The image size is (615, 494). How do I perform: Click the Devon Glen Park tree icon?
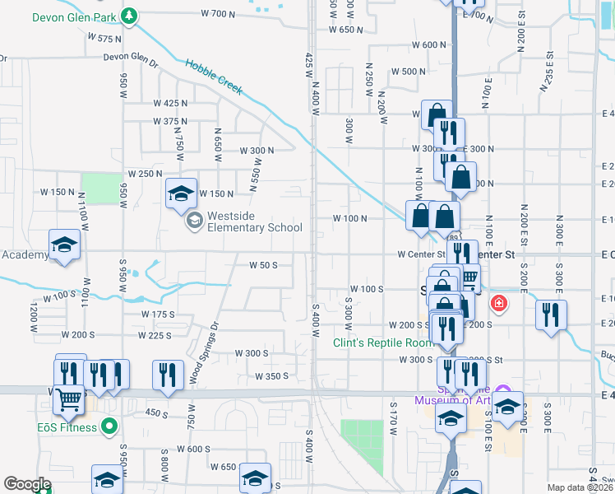[x=128, y=16]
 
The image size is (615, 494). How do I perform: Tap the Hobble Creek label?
[x=214, y=77]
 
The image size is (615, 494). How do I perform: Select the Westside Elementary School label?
[x=255, y=221]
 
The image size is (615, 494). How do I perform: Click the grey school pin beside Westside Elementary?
[x=194, y=220]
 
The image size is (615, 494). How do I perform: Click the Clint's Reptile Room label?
[x=382, y=343]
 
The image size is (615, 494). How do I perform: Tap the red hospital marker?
[x=498, y=305]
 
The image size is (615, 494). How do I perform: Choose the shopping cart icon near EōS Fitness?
[x=70, y=399]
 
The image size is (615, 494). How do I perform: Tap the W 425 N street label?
[x=171, y=103]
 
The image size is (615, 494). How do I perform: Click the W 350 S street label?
[x=271, y=376]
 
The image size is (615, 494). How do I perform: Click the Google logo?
[x=27, y=484]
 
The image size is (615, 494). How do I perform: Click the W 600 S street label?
[x=194, y=450]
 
